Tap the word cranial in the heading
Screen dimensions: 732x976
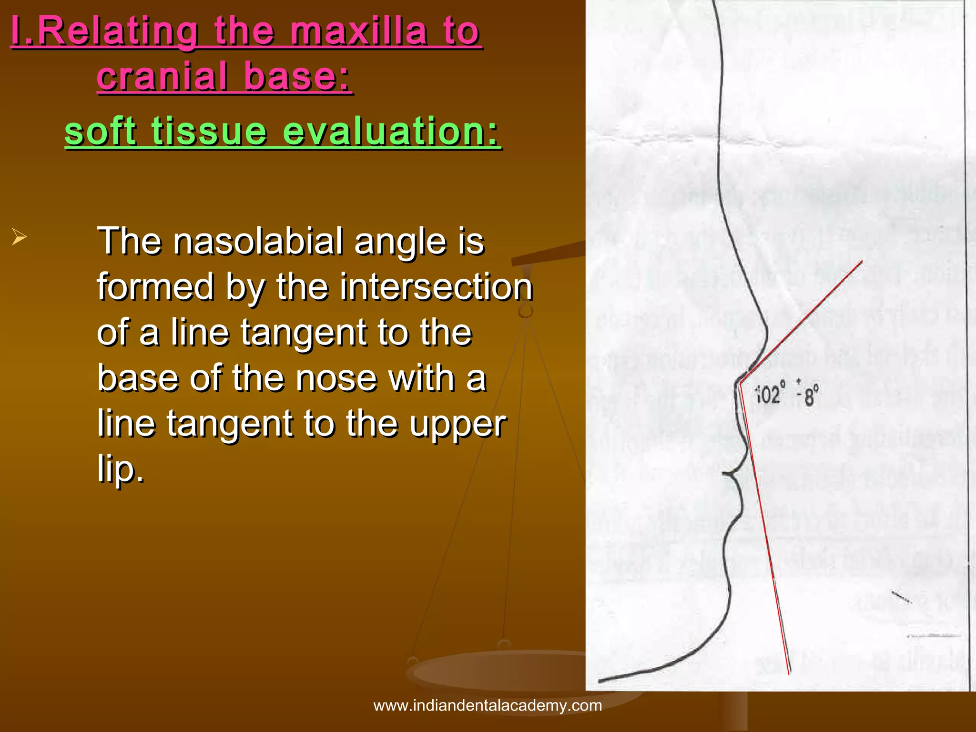(162, 76)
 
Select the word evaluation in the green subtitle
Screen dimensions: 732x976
(391, 131)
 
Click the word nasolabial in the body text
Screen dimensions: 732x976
(257, 241)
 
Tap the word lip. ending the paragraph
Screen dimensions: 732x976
(120, 469)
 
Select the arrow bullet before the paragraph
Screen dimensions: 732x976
(19, 236)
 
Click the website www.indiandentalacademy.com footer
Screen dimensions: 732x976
(488, 705)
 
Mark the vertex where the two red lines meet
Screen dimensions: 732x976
(740, 382)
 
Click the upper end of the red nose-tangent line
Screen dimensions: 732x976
(862, 261)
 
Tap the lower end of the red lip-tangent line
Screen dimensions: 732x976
(789, 673)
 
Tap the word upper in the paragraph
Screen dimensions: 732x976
(458, 424)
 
